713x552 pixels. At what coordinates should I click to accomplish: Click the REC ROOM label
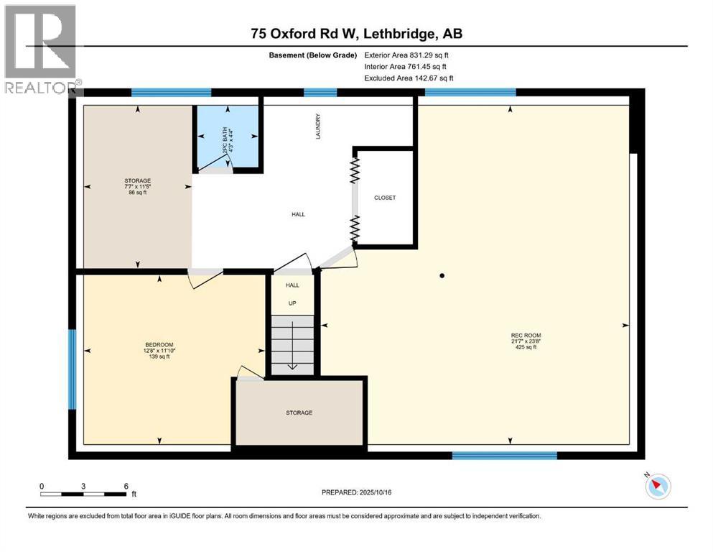tap(526, 335)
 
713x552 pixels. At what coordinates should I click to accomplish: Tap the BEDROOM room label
tap(159, 345)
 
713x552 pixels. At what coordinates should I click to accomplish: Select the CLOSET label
tap(385, 198)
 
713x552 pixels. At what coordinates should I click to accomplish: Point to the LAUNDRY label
tap(317, 126)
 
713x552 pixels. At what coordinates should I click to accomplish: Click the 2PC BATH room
tap(228, 139)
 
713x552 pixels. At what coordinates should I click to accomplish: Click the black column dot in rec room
tap(442, 275)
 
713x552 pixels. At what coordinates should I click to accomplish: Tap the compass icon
tap(656, 486)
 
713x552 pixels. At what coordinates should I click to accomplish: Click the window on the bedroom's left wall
tap(72, 369)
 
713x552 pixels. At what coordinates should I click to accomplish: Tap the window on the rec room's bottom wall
tap(504, 455)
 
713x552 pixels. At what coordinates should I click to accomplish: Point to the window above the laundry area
tap(320, 92)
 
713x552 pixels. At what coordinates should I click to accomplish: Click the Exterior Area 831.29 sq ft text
tap(406, 55)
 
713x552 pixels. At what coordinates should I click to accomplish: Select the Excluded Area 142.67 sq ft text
tap(409, 78)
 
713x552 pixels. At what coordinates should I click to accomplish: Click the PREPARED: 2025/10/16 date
tap(356, 492)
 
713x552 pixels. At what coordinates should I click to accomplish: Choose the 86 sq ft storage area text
tap(136, 193)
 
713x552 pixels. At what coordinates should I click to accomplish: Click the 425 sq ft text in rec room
tap(526, 347)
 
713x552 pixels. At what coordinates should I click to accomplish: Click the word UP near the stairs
tap(292, 303)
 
